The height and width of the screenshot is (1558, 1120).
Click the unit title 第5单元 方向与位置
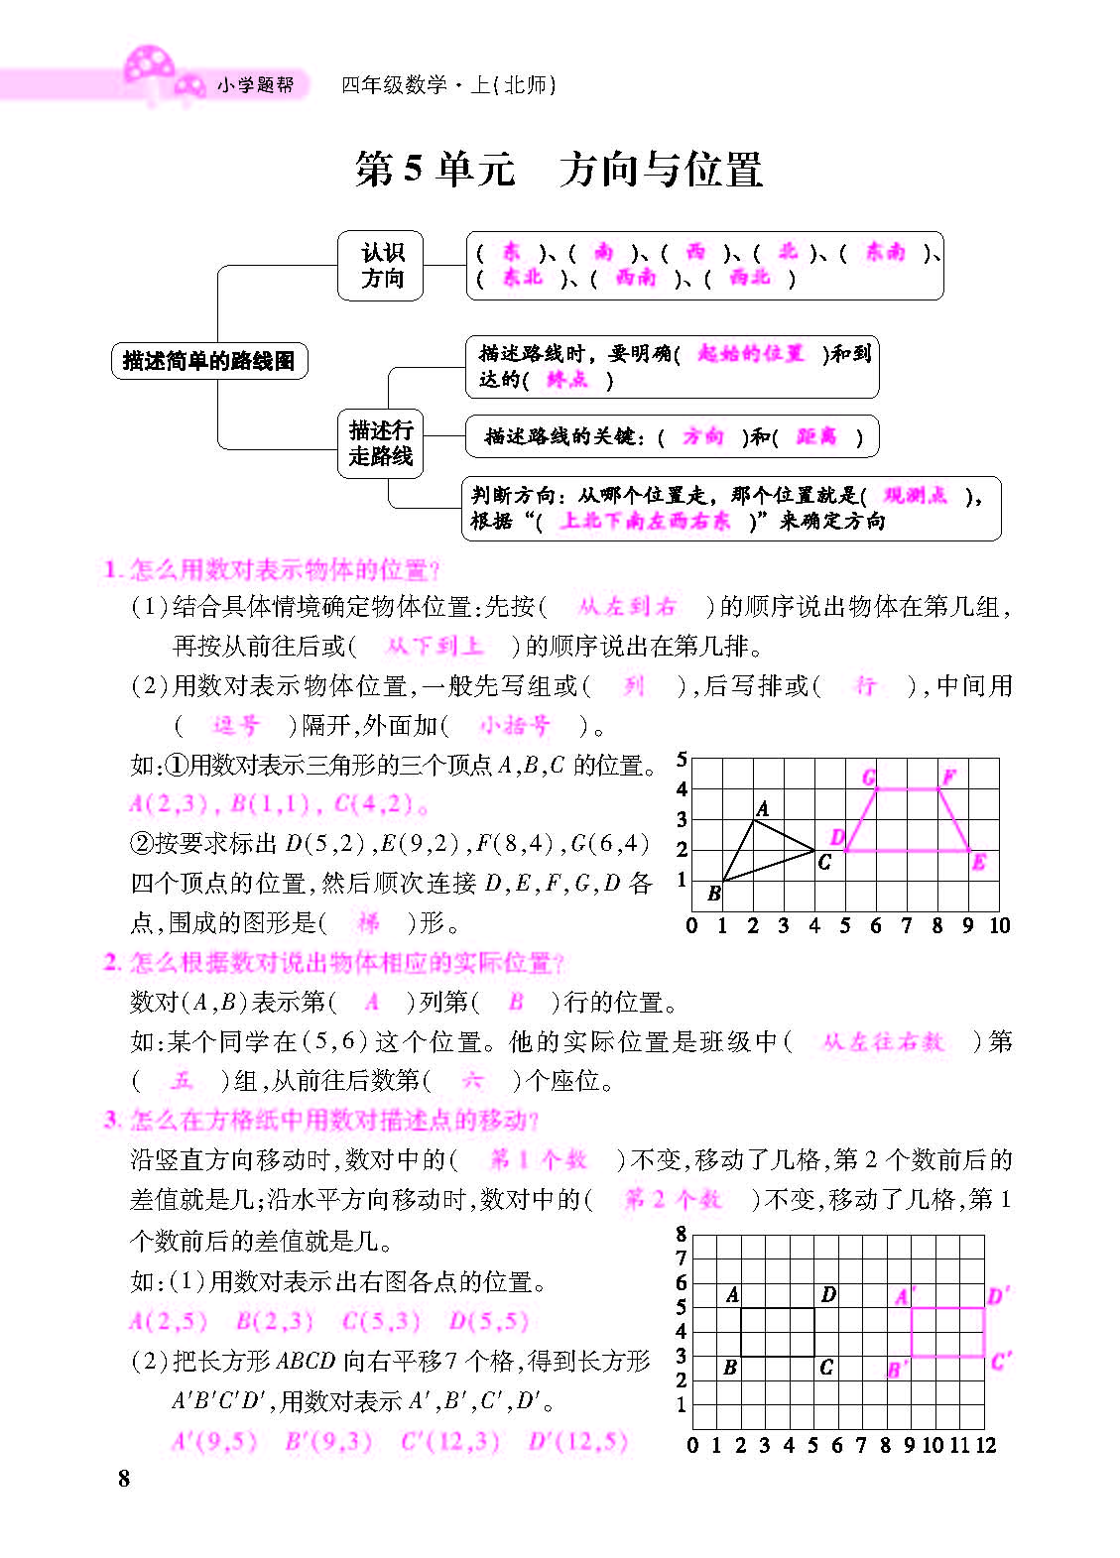pos(560,169)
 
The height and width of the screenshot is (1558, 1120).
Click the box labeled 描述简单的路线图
pos(208,360)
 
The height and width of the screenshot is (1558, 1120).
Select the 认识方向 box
pos(381,266)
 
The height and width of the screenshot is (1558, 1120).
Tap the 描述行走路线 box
pos(380,443)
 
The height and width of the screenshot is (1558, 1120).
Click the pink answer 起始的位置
pos(751,354)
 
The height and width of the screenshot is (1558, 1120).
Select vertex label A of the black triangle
pos(762,809)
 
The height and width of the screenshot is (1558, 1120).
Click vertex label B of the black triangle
pos(713,894)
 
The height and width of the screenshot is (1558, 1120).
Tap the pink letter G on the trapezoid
pos(869,777)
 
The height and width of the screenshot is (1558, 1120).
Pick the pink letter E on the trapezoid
pos(979,862)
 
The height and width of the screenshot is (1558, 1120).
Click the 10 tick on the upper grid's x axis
pos(999,925)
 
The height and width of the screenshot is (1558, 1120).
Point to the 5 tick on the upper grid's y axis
pos(682,760)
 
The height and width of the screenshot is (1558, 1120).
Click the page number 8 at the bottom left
pos(124,1479)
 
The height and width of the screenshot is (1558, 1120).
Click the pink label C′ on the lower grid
pos(1000,1362)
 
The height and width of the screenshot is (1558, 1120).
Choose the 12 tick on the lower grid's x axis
pos(985,1445)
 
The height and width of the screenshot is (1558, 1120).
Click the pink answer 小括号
pos(514,726)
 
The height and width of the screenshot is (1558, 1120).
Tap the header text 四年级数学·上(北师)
pos(448,85)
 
